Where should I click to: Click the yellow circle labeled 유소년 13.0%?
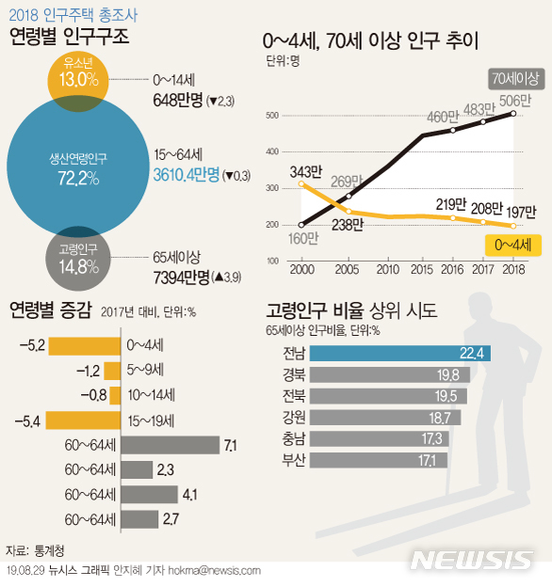78,73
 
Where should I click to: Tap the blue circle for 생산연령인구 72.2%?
78,167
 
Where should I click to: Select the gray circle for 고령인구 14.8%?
78,259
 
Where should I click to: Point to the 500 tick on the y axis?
273,116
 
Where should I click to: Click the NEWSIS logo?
473,559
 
